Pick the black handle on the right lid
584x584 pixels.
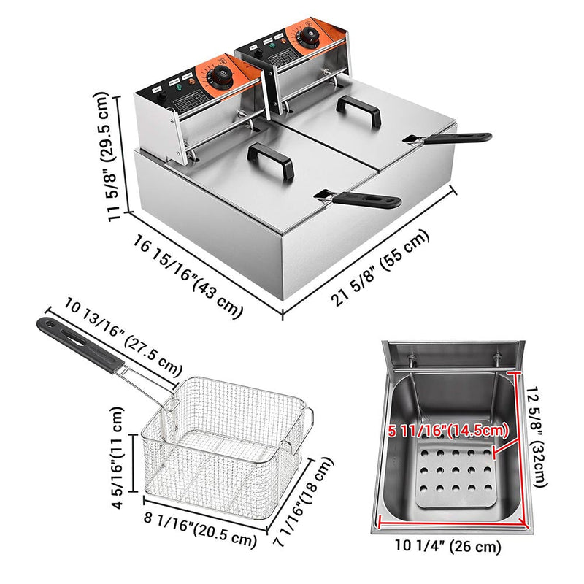point(362,112)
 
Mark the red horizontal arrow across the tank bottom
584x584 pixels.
point(453,523)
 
